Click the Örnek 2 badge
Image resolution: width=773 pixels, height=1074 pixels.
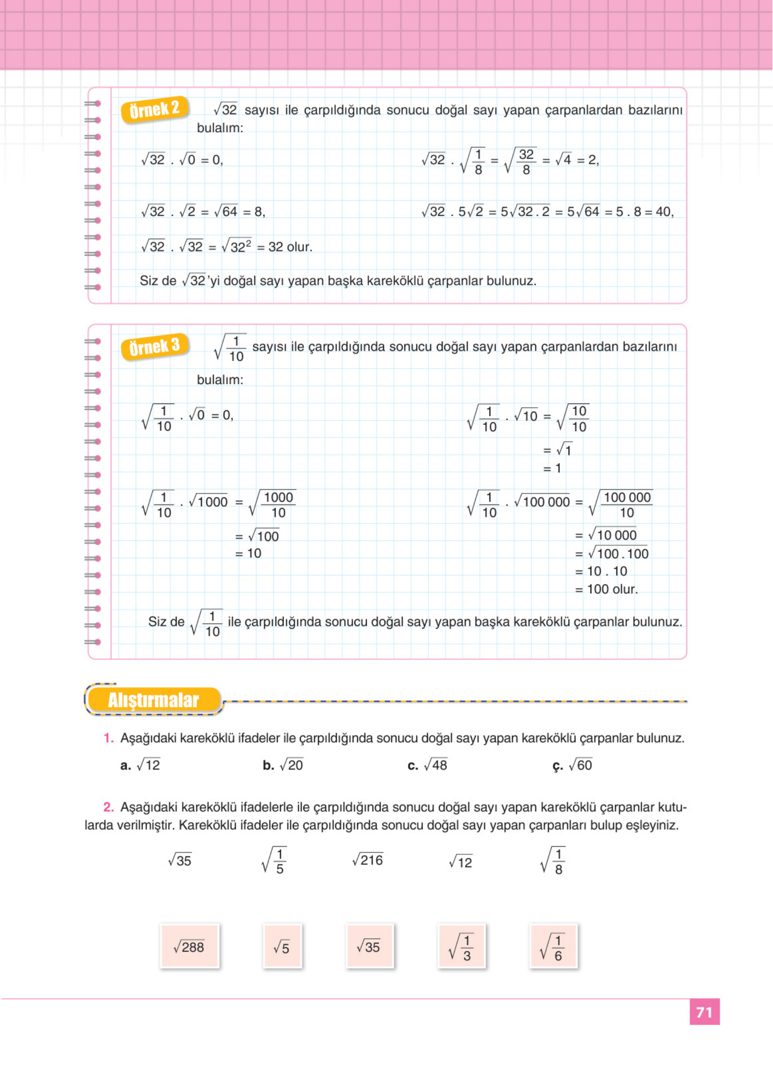pos(154,110)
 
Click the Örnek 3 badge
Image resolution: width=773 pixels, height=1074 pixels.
pos(154,347)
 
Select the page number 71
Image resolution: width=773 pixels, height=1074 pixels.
pos(704,1012)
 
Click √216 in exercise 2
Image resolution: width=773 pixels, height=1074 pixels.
pos(368,860)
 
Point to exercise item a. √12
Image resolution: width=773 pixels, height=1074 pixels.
pos(141,765)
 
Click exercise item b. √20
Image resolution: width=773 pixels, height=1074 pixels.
pos(283,765)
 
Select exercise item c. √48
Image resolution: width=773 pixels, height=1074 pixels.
pos(427,765)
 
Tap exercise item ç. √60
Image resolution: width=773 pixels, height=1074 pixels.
pos(572,765)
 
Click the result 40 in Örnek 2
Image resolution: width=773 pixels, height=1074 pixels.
pos(664,212)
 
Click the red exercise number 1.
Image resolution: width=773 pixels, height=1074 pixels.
pos(109,738)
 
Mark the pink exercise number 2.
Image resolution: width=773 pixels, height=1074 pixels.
pos(109,807)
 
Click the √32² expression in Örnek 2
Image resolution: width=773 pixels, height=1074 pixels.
pos(237,247)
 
